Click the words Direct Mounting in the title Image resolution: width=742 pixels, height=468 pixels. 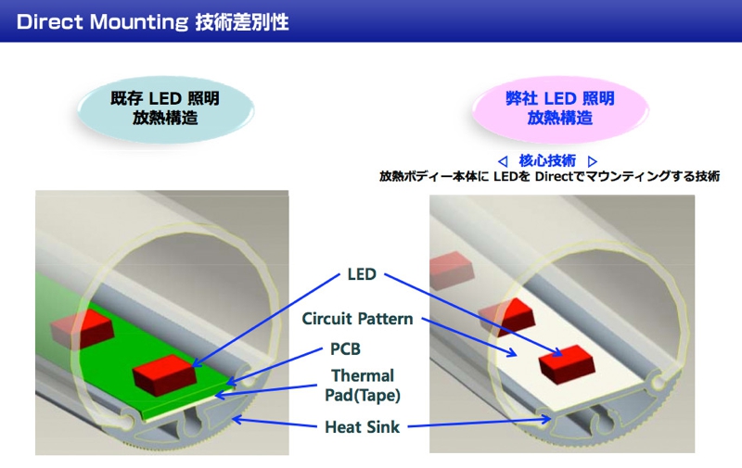[x=101, y=21]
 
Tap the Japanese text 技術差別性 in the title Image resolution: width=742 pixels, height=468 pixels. [x=242, y=21]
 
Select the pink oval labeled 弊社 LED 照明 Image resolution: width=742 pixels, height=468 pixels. [x=560, y=108]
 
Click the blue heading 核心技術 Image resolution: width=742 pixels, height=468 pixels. [x=548, y=159]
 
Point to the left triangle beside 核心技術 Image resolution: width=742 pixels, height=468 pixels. [x=503, y=159]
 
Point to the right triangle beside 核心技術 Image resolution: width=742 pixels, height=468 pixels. [x=593, y=159]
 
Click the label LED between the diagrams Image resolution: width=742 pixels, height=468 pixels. [x=361, y=275]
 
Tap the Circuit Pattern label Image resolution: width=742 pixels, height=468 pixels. [x=357, y=319]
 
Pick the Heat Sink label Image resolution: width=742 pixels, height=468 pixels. [x=362, y=428]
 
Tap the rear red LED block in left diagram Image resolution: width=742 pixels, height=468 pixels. [x=80, y=325]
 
